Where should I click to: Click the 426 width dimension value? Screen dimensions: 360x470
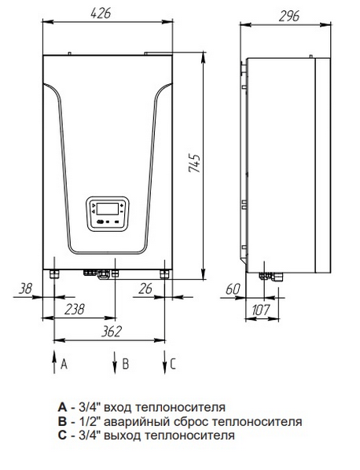(101, 14)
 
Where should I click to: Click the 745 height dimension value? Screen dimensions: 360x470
(194, 163)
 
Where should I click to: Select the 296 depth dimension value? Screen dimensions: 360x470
(289, 17)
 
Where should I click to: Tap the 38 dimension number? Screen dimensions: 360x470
(25, 289)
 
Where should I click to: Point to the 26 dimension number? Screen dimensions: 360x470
(145, 289)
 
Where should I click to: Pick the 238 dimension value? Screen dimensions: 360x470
(75, 310)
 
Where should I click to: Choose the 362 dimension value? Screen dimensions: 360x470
(111, 332)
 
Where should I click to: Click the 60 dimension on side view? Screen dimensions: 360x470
(233, 289)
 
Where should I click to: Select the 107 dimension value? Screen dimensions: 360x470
(261, 310)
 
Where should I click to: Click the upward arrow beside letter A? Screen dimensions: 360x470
(54, 362)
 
